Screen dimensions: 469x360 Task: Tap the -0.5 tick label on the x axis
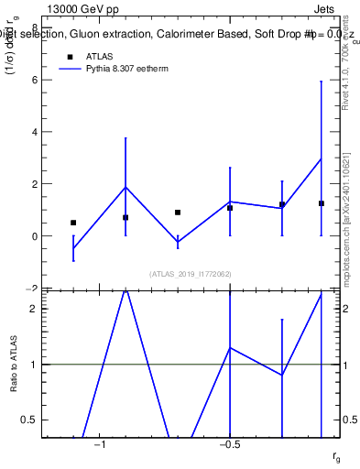tap(229, 444)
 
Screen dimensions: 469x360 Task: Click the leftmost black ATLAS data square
tap(73, 223)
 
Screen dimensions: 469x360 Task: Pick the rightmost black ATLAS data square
tap(321, 203)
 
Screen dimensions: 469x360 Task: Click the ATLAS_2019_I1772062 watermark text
tap(190, 273)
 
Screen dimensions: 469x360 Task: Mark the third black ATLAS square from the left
tap(178, 213)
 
